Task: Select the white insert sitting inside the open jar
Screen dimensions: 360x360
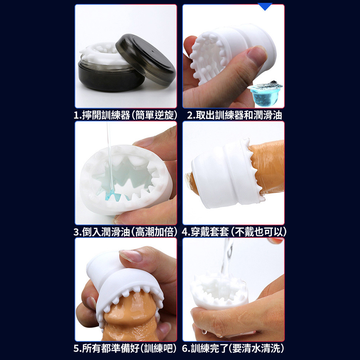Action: click(103, 54)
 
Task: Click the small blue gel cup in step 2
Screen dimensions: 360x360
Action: click(265, 94)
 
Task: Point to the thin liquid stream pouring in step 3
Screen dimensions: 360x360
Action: click(109, 158)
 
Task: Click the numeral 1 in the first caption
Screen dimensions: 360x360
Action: click(76, 115)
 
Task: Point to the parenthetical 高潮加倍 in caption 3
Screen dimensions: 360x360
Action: click(154, 231)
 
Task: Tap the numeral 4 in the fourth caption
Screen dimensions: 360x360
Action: click(185, 232)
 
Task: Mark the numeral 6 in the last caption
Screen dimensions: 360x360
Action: click(185, 348)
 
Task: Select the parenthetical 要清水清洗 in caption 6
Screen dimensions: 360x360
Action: click(256, 348)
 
